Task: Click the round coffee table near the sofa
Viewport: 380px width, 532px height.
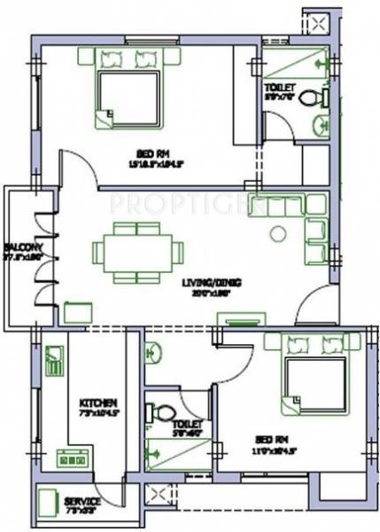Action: (277, 235)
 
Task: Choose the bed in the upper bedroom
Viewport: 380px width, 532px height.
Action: (129, 84)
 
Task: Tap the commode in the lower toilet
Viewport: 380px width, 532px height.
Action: (161, 413)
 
